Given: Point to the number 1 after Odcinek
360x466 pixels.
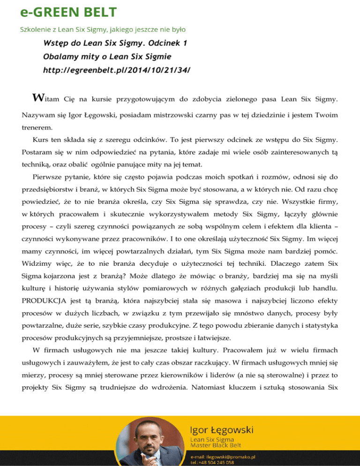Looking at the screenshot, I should [x=186, y=43].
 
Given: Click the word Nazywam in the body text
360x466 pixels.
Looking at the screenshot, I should [x=37, y=114].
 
